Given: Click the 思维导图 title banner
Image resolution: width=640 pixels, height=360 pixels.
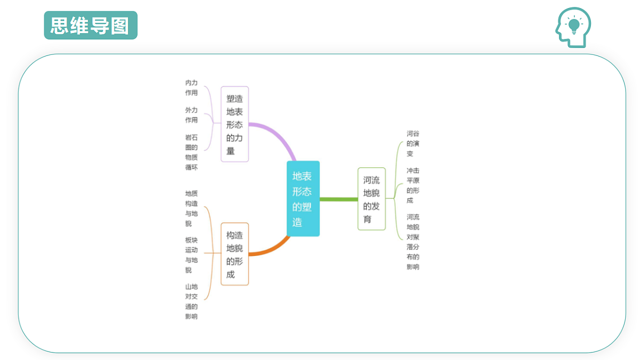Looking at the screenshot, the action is (x=91, y=25).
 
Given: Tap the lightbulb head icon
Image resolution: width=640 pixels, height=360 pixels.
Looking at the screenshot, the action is (x=573, y=27).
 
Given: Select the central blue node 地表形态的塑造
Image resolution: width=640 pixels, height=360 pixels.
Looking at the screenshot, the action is (x=303, y=198).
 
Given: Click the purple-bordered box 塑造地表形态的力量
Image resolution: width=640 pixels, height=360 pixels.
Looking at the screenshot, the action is (x=235, y=124).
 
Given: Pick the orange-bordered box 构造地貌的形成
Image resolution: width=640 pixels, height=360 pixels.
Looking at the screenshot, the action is (x=235, y=254).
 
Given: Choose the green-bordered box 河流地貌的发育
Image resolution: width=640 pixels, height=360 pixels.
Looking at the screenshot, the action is (x=371, y=199).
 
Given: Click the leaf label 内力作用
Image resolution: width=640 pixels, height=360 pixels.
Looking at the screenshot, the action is (x=191, y=87).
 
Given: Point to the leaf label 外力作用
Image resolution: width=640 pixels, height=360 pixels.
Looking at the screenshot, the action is (x=191, y=115).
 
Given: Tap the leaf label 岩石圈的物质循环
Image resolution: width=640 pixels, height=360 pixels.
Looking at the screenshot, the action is (x=191, y=153).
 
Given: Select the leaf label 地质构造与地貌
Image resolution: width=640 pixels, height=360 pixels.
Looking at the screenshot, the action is (x=191, y=209).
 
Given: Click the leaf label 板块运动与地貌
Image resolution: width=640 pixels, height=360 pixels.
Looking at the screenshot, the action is (x=191, y=255).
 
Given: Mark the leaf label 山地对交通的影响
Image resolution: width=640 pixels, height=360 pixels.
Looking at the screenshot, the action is (x=191, y=301).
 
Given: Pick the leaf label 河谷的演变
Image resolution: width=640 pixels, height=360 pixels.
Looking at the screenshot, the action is (x=413, y=143).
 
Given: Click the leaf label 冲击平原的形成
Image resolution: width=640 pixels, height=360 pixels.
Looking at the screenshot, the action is (x=413, y=186).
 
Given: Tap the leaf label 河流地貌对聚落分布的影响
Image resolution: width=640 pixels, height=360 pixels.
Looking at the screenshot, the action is (x=413, y=242).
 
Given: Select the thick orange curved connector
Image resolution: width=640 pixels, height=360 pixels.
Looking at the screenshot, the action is (x=272, y=249).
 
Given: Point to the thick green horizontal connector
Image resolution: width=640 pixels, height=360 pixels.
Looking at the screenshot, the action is (x=339, y=199).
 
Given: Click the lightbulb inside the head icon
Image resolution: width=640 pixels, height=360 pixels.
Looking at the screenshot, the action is (x=574, y=26).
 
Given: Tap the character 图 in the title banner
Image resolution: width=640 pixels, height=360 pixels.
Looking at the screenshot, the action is (x=119, y=26).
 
